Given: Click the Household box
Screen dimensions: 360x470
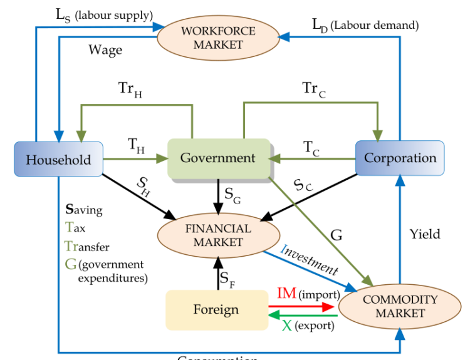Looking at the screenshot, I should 58,159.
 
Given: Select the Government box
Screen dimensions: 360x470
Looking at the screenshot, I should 218,158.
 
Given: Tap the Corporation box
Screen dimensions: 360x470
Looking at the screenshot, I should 400,158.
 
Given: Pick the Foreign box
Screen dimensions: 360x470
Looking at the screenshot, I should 216,309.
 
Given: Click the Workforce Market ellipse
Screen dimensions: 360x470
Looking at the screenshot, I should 217,38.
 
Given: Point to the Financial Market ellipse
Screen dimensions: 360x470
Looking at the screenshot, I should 217,235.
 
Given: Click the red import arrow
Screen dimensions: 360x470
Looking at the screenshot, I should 301,307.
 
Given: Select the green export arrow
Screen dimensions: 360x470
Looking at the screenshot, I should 301,316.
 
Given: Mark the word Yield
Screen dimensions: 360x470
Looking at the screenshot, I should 425,234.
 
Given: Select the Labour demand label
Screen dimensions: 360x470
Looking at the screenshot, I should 365,25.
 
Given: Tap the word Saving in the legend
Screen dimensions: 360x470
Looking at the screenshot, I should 84,210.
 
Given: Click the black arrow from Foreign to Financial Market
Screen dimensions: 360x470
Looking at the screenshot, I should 218,273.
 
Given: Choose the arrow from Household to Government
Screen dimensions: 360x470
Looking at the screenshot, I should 135,159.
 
